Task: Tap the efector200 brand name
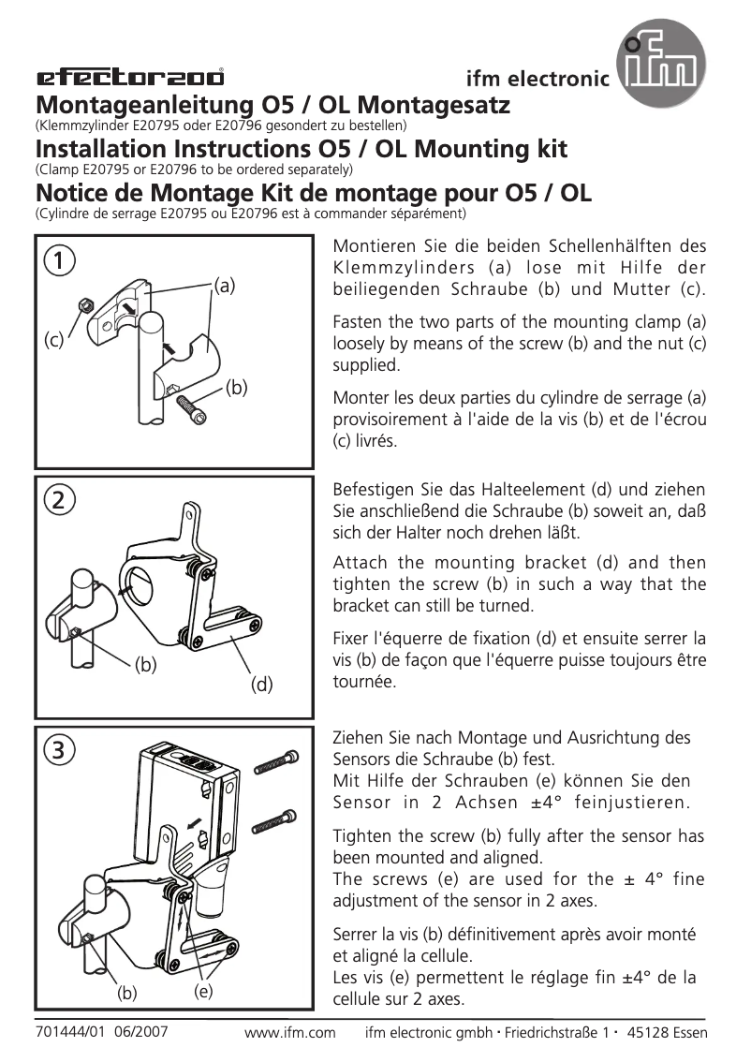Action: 129,78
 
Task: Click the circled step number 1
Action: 60,260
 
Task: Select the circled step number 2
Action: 60,500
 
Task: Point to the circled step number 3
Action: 60,749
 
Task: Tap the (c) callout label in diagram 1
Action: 54,341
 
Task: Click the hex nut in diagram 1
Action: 83,305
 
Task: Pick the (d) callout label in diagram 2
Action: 261,685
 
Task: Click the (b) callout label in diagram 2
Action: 145,665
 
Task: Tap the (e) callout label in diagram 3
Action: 202,990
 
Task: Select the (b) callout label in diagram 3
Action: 127,992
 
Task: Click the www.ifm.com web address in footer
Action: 289,1033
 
